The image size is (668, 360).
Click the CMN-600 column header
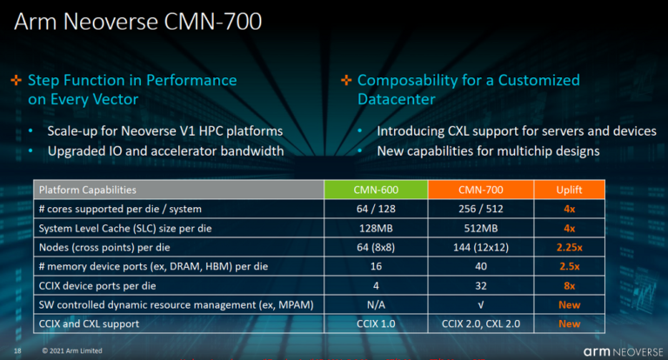[x=376, y=190]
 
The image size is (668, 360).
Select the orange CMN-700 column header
[x=480, y=190]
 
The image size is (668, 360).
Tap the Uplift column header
[x=569, y=190]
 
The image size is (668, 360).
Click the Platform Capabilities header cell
[x=179, y=190]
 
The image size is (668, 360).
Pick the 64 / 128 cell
[x=376, y=209]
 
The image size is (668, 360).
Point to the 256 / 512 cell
[x=480, y=209]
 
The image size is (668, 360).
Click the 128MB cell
[x=376, y=229]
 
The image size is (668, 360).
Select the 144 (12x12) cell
[x=480, y=248]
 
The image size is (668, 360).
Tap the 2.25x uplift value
[x=569, y=248]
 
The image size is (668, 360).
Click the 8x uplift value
[x=569, y=286]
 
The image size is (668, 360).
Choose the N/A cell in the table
[x=376, y=304]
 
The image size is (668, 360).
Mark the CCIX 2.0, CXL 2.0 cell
[x=480, y=323]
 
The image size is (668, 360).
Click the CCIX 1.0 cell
[x=376, y=323]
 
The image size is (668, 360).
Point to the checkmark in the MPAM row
[x=480, y=305]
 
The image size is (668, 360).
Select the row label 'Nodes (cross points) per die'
[x=104, y=248]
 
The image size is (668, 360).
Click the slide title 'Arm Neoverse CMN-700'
[x=138, y=21]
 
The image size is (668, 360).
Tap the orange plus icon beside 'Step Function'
[x=17, y=80]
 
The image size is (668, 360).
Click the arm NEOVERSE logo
[x=624, y=352]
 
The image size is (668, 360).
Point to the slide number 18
[x=17, y=351]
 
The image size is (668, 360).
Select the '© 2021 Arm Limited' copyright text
[x=72, y=351]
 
